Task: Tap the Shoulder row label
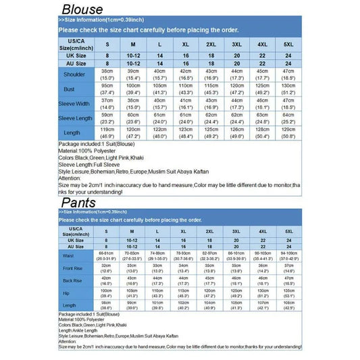click(74, 74)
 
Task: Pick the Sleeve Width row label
click(74, 103)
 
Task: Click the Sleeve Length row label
click(74, 118)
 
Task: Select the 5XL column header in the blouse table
click(288, 44)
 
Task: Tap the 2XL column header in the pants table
click(210, 231)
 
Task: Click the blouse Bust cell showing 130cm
click(288, 89)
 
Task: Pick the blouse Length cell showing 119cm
click(107, 132)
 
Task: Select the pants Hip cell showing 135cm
click(288, 293)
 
